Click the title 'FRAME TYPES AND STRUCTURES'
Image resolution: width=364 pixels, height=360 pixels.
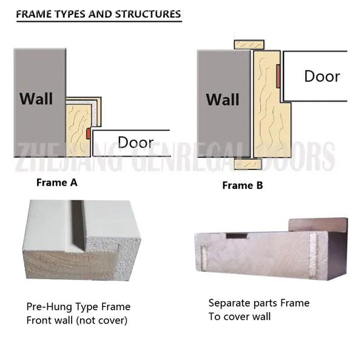pyautogui.click(x=98, y=14)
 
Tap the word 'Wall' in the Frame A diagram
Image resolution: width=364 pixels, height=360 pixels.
pyautogui.click(x=36, y=99)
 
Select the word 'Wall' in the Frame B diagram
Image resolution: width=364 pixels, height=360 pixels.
pyautogui.click(x=223, y=100)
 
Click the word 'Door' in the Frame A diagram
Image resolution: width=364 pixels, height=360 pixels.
pyautogui.click(x=135, y=142)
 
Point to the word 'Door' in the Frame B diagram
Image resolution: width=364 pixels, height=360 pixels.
pyautogui.click(x=322, y=76)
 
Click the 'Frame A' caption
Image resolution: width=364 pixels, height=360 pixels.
pyautogui.click(x=57, y=183)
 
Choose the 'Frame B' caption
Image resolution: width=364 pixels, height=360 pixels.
pyautogui.click(x=243, y=185)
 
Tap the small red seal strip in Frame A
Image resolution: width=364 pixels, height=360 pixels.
pyautogui.click(x=88, y=134)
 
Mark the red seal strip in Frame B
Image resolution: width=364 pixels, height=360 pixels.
pyautogui.click(x=278, y=76)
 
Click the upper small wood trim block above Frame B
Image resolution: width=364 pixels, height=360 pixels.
pyautogui.click(x=249, y=44)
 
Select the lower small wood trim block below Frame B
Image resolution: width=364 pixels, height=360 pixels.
pyautogui.click(x=248, y=164)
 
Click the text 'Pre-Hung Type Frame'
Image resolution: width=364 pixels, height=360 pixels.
pyautogui.click(x=78, y=307)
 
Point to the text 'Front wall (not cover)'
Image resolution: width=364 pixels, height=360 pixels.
pyautogui.click(x=77, y=321)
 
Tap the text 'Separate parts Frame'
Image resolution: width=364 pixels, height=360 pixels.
pyautogui.click(x=259, y=303)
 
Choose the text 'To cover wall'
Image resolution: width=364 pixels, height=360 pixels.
pyautogui.click(x=240, y=316)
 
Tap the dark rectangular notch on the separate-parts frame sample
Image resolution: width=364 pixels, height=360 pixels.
pyautogui.click(x=237, y=236)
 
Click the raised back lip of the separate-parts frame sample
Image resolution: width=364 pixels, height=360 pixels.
pyautogui.click(x=318, y=225)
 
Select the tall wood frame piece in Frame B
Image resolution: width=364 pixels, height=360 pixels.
pyautogui.click(x=271, y=104)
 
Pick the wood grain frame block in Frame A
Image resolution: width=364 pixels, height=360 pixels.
pyautogui.click(x=78, y=131)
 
